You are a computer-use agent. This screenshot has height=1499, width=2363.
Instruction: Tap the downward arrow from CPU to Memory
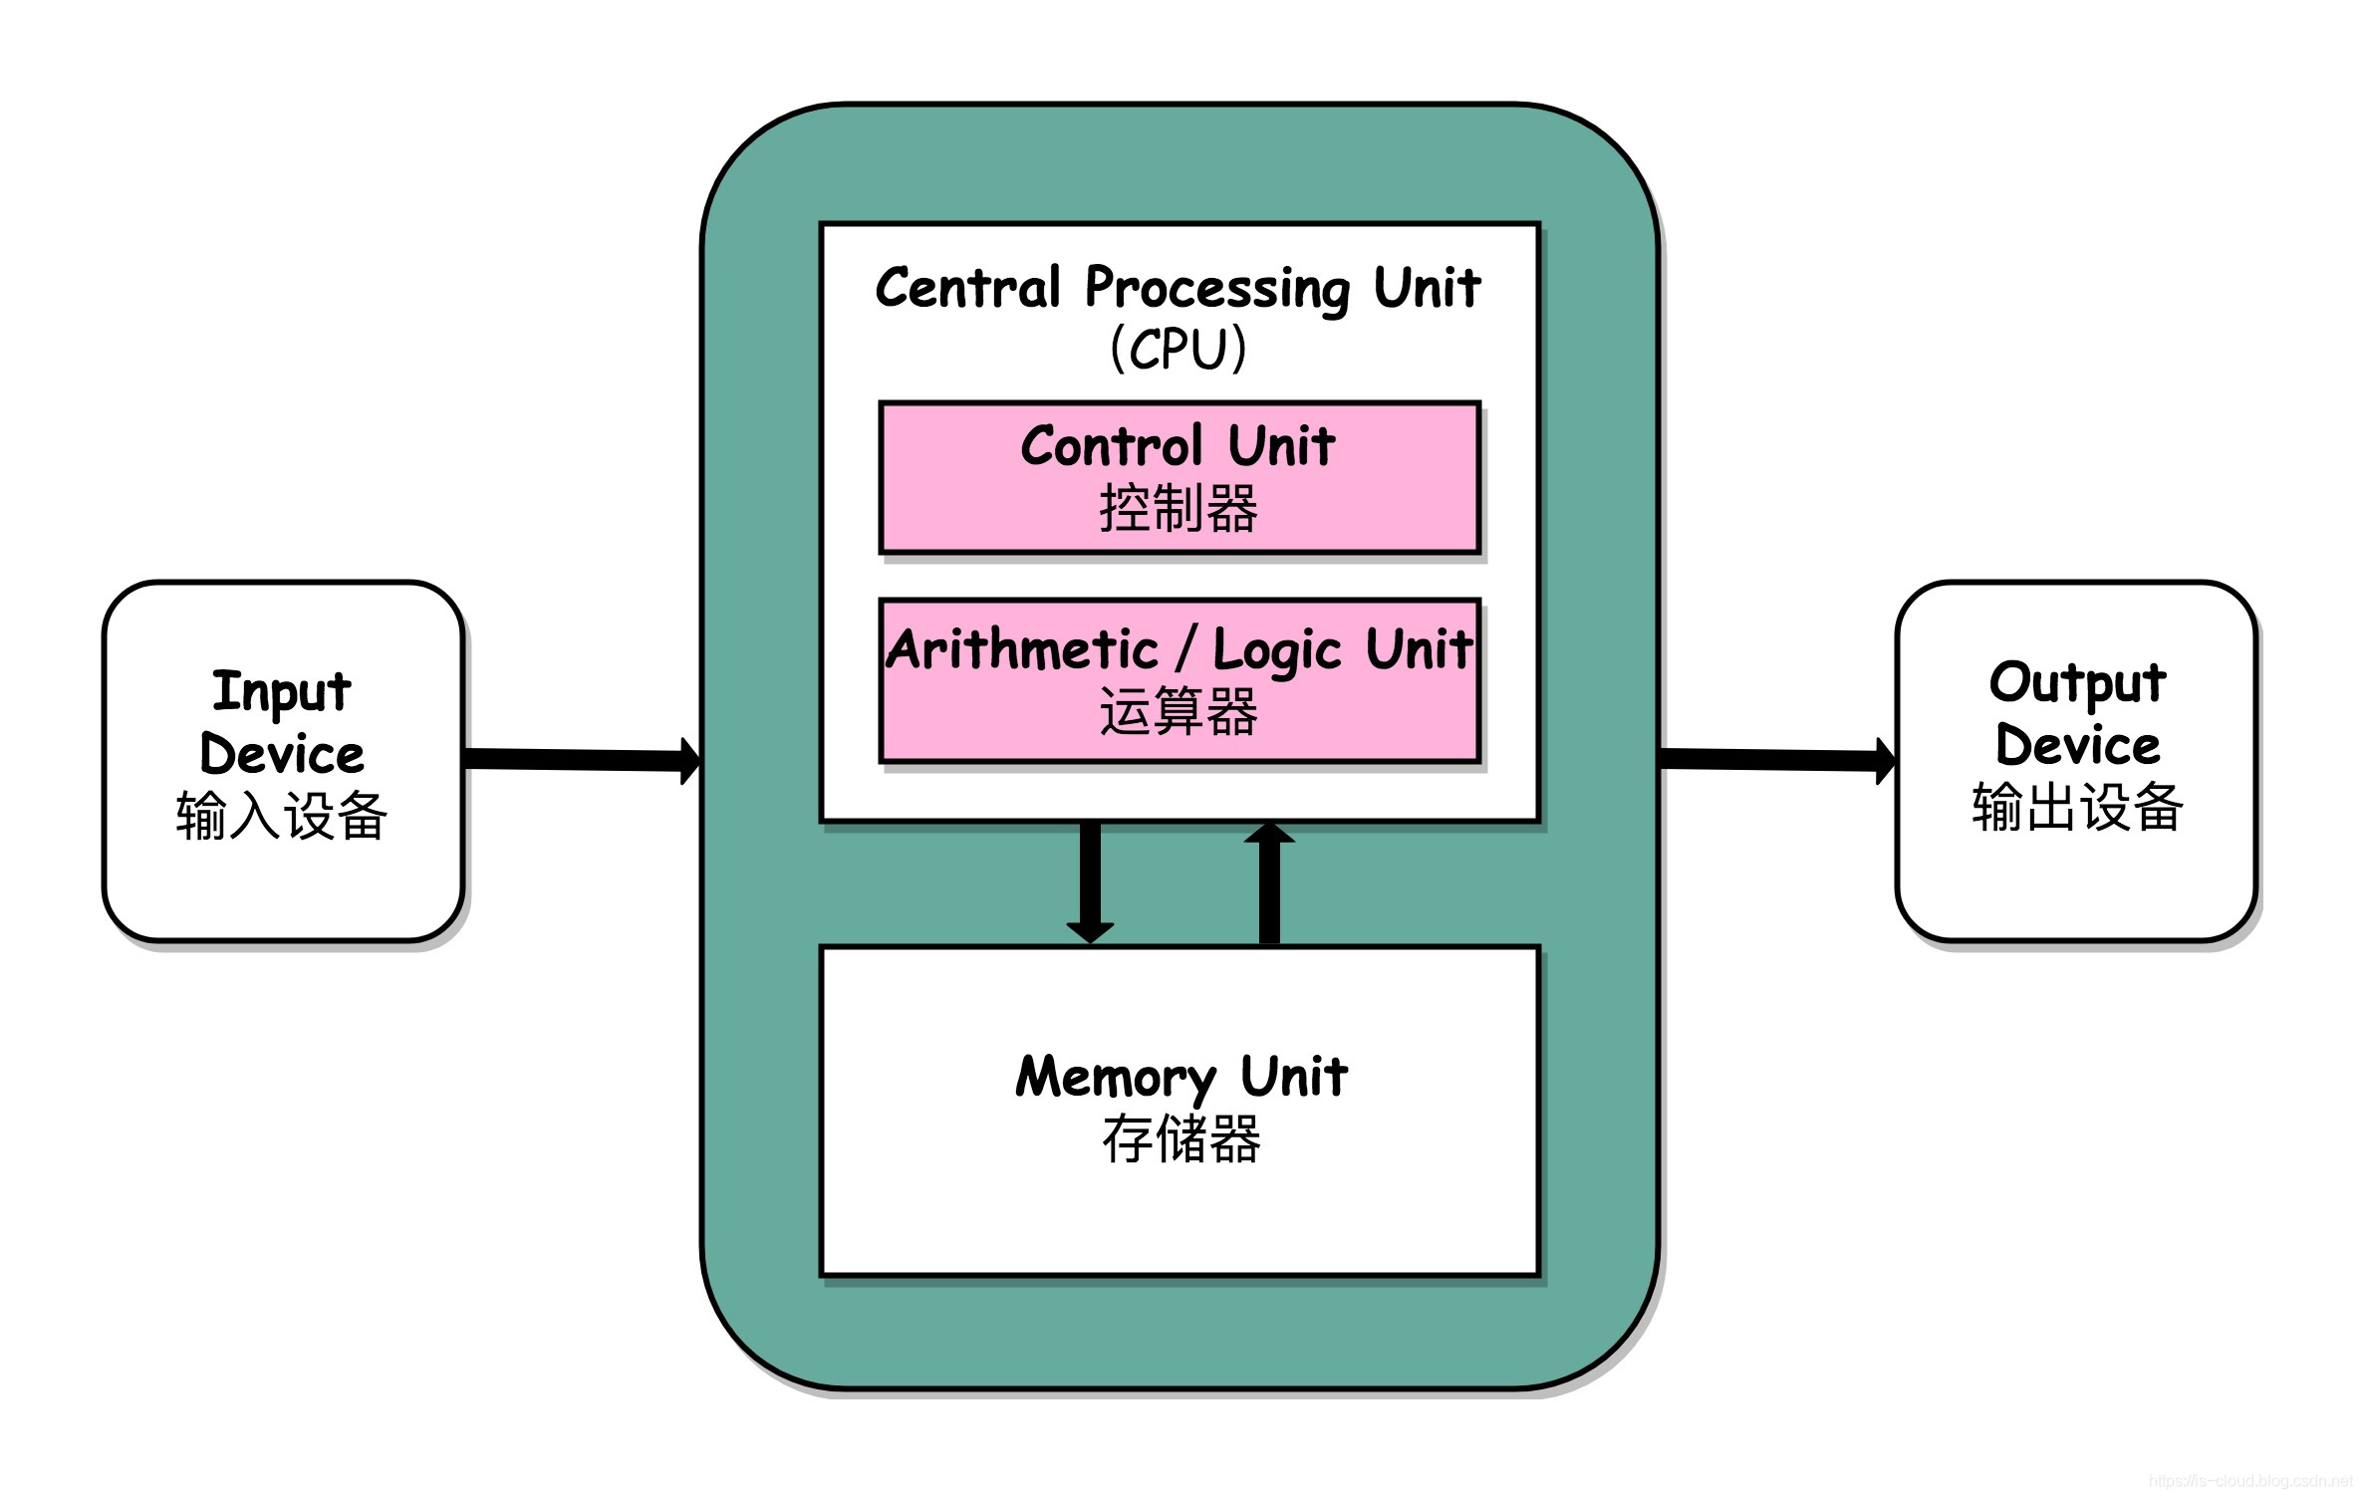(1090, 881)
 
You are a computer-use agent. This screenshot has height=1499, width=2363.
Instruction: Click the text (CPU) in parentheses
(1179, 349)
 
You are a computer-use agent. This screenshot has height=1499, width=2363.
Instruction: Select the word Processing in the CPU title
(1217, 289)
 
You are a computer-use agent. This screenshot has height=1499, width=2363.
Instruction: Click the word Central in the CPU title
(968, 288)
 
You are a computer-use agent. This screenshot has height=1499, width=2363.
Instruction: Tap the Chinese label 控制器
(1179, 509)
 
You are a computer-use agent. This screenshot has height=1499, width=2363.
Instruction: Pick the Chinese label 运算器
(1179, 712)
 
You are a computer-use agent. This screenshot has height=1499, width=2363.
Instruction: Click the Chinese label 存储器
(1181, 1139)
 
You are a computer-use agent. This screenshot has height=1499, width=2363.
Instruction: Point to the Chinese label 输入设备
(282, 816)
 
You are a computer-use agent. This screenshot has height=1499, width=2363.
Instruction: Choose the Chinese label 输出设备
(2078, 808)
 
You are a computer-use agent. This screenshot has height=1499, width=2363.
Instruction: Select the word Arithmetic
(1023, 649)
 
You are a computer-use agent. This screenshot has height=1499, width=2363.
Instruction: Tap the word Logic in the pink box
(1277, 651)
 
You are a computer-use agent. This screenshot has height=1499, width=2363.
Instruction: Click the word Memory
(1117, 1078)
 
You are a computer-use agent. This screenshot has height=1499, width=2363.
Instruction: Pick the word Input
(282, 691)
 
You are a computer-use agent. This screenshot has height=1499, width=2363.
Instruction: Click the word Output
(2078, 683)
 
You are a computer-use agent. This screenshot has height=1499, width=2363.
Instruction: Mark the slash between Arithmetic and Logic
(1184, 649)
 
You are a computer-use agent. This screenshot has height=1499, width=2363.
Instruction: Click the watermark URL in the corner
(2253, 1481)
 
